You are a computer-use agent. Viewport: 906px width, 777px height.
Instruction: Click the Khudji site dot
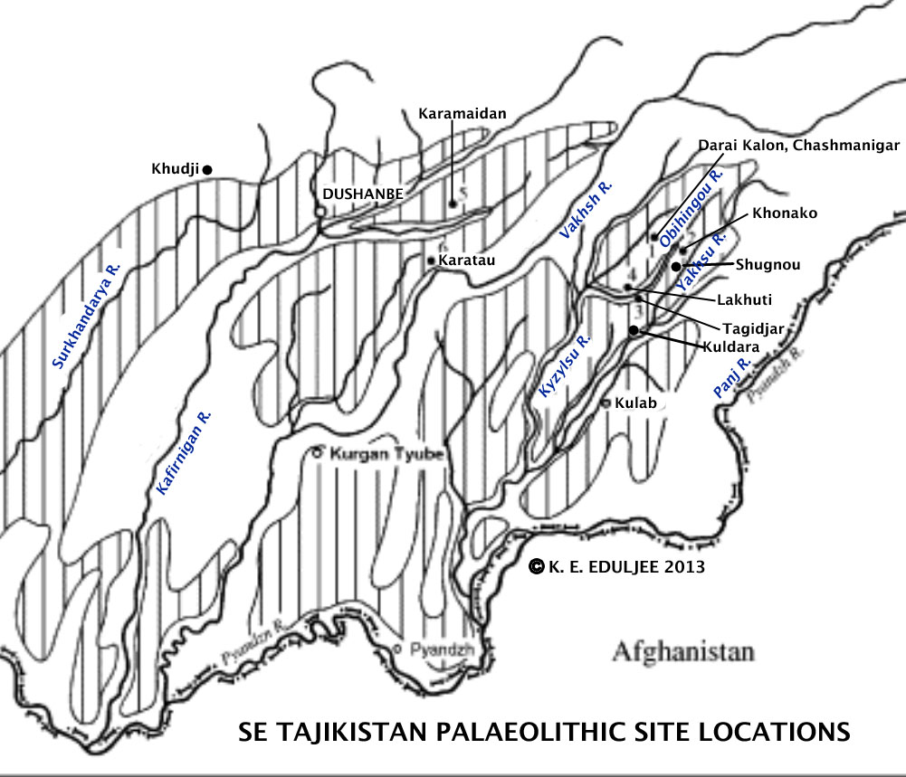pyautogui.click(x=207, y=169)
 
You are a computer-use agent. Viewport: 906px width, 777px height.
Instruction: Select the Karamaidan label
pyautogui.click(x=462, y=114)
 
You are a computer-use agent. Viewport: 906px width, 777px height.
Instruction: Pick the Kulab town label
pyautogui.click(x=635, y=403)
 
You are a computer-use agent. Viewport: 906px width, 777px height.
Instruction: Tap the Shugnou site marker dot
pyautogui.click(x=676, y=266)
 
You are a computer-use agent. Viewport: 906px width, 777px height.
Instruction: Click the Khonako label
pyautogui.click(x=785, y=213)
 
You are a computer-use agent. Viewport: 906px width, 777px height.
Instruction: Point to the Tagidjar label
pyautogui.click(x=753, y=328)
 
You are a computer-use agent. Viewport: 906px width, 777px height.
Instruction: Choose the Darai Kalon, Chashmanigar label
pyautogui.click(x=798, y=145)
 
